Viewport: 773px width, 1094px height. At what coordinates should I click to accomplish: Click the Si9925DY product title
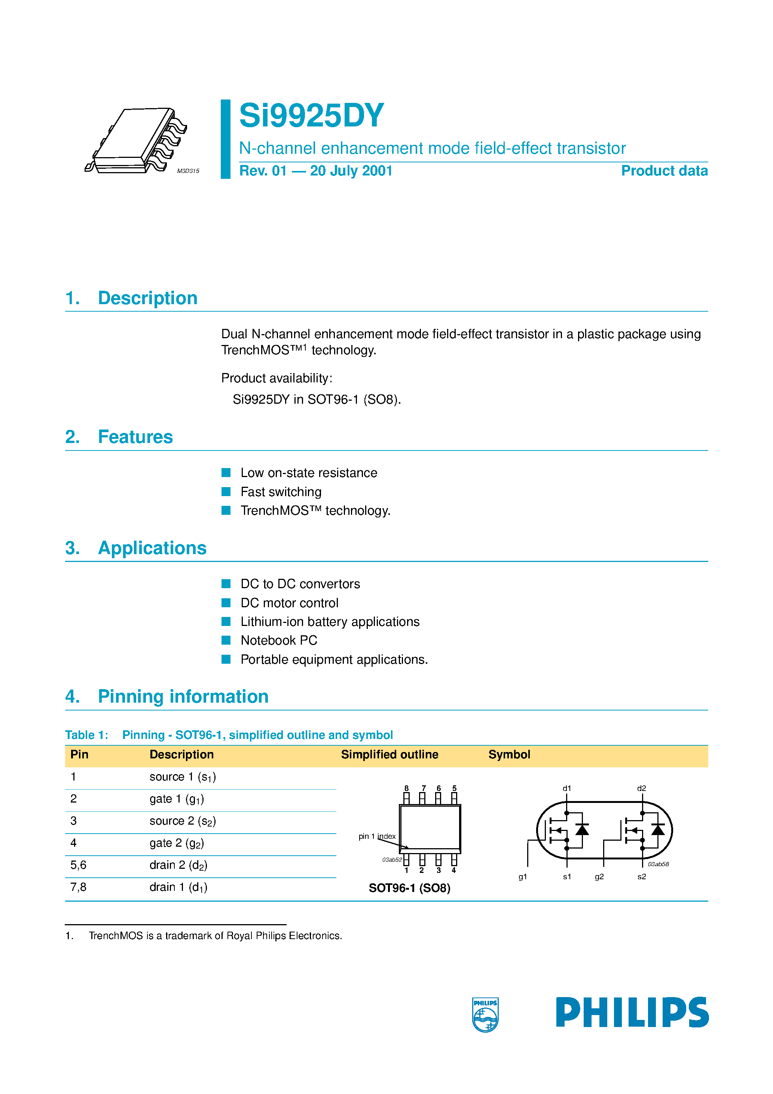pos(311,116)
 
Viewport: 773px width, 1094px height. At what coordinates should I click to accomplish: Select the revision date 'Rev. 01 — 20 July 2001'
pos(315,171)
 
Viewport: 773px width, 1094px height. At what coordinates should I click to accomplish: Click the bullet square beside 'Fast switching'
pos(226,491)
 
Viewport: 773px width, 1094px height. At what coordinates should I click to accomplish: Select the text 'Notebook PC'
pos(279,641)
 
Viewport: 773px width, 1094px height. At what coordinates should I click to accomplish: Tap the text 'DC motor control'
pos(289,603)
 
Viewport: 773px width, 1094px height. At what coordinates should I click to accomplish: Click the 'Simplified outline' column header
pos(389,754)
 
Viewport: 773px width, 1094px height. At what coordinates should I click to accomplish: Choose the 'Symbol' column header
pos(509,754)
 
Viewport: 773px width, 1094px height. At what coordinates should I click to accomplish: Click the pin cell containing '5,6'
pos(79,865)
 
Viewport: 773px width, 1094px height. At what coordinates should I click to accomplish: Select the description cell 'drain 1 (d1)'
pos(178,887)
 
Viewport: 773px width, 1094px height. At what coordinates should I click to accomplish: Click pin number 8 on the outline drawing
pos(406,788)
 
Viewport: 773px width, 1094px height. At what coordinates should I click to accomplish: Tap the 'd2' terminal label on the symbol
pos(641,788)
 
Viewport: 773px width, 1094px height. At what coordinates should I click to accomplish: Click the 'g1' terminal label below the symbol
pos(523,877)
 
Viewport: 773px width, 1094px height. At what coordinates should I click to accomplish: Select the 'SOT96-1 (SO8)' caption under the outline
pos(409,888)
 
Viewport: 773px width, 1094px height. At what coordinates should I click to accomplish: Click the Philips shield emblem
pos(485,1014)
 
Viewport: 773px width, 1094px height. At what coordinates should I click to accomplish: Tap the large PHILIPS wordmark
pos(632,1012)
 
